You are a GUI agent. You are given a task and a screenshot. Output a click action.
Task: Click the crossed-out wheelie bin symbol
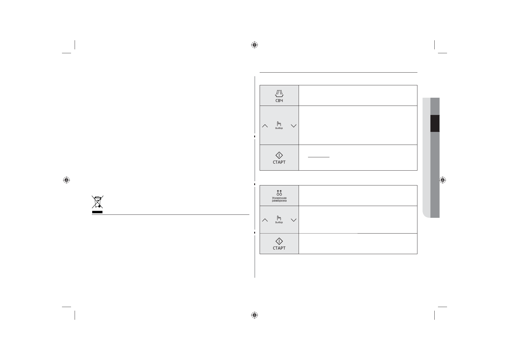[97, 202]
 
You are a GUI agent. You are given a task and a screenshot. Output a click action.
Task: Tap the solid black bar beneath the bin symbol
[97, 212]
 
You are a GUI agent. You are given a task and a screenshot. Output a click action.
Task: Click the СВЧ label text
[279, 101]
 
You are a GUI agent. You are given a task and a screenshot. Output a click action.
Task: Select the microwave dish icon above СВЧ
[279, 93]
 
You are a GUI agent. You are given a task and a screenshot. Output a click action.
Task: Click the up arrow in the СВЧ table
[265, 126]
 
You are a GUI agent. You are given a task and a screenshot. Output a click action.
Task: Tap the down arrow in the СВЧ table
[293, 126]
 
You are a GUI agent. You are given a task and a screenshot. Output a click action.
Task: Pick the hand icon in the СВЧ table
[279, 124]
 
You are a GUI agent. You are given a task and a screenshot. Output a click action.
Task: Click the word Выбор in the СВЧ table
[279, 128]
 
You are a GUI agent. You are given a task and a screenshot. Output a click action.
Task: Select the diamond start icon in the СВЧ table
[279, 155]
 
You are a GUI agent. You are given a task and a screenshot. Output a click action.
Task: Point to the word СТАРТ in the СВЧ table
[279, 162]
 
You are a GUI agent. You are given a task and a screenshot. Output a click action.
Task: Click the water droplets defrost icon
[279, 193]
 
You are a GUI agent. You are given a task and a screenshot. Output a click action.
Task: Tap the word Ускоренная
[279, 198]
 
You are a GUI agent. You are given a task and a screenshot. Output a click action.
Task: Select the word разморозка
[279, 201]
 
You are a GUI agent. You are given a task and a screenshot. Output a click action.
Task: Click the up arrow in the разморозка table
[265, 220]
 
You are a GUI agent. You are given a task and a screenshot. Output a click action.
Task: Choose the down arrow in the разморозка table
[293, 220]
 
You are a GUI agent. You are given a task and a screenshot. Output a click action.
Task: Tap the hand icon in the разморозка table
[279, 218]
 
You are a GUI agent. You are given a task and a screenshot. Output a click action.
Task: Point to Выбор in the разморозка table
[279, 222]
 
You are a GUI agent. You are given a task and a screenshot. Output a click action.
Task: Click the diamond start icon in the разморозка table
[279, 241]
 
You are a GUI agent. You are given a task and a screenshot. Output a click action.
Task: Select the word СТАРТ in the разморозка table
[279, 248]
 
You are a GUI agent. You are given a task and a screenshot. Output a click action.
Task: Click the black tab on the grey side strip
[435, 123]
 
